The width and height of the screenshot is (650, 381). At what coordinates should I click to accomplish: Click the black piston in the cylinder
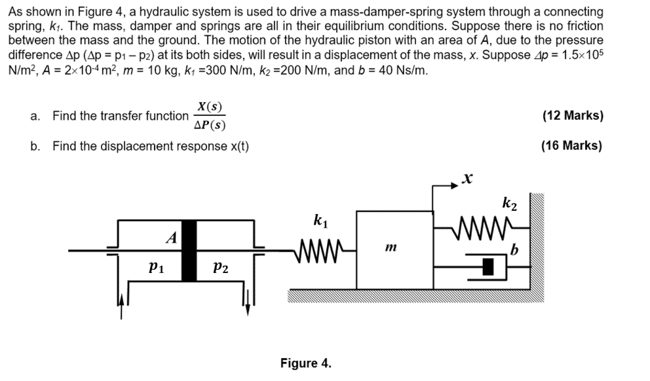coord(189,251)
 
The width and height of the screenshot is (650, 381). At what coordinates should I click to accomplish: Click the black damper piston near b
coord(487,266)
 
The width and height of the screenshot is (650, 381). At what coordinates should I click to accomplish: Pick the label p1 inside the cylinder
coord(156,267)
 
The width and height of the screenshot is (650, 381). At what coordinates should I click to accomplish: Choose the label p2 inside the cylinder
coord(221,267)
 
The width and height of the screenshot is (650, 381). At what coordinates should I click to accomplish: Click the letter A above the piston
coord(171,238)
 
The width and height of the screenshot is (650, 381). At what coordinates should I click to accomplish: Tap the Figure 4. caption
coord(305,363)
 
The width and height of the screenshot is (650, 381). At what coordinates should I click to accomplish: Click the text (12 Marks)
coord(573,116)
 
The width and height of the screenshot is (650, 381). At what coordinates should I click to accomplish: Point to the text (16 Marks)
coord(571,145)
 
